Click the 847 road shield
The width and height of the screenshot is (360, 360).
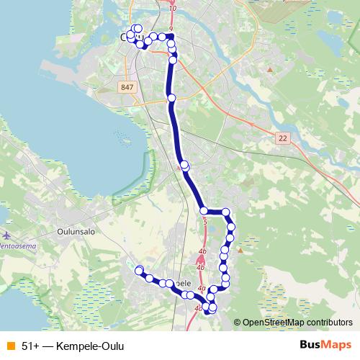tap(127, 87)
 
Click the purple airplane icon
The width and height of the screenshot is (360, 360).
tap(7, 235)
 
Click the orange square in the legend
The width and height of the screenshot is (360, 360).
tap(10, 345)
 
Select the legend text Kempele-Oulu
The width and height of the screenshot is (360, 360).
tap(84, 345)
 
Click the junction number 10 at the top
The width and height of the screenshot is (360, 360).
tap(172, 8)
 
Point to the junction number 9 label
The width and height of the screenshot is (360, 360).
tap(171, 30)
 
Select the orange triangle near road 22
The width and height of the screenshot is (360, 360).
tap(270, 70)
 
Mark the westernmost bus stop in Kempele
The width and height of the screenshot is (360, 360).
tap(139, 270)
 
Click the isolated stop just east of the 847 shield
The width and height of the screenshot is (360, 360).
tap(171, 98)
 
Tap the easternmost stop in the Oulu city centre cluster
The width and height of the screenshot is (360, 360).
tap(171, 36)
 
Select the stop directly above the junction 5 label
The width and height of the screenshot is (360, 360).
tap(204, 210)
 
